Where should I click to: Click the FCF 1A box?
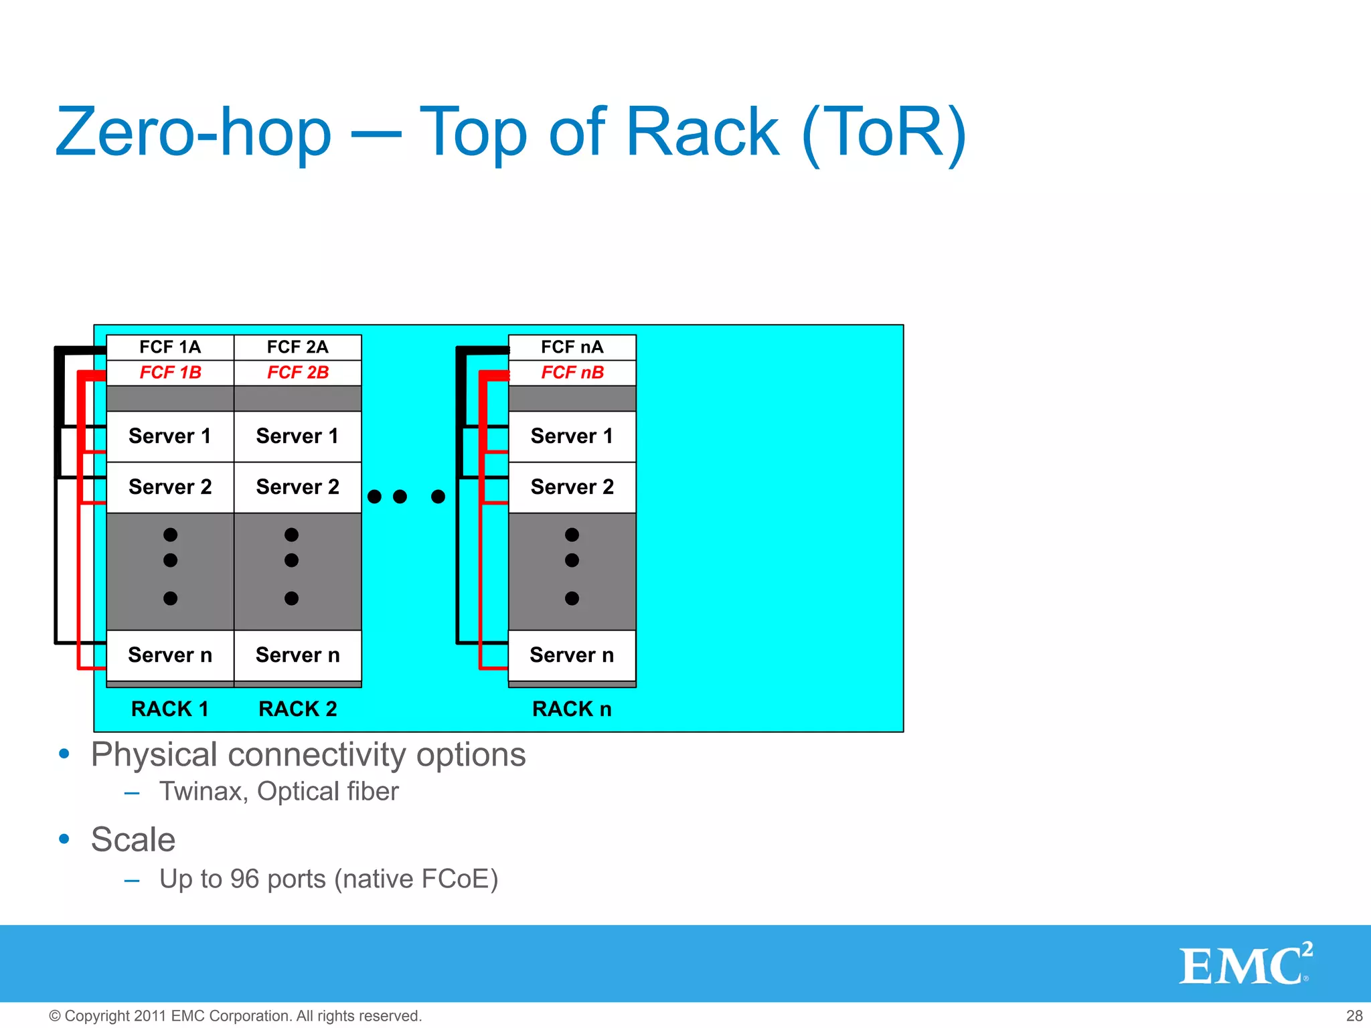pos(170,347)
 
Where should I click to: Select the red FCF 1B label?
pos(170,373)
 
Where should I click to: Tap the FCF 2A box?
pos(298,347)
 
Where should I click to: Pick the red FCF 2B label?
pos(298,373)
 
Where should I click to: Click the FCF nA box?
pos(572,347)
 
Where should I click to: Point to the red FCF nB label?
pos(572,373)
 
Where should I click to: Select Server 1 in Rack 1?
pos(170,436)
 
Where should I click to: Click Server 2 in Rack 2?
pos(298,487)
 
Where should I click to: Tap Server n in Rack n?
pos(572,655)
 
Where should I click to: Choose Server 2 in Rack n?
pos(572,487)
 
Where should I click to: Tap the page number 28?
pos(1354,1016)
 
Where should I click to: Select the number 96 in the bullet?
pos(244,879)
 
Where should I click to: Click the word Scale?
pos(133,840)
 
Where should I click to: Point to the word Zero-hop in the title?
pos(193,133)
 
